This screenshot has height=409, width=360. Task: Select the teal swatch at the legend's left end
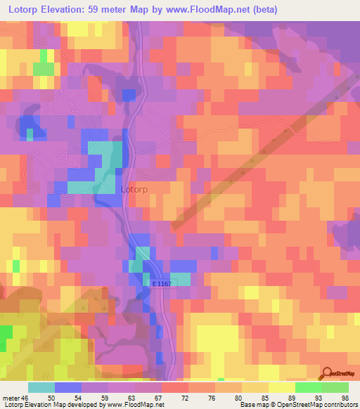[41, 387]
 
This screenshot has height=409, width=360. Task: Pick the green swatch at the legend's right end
[335, 387]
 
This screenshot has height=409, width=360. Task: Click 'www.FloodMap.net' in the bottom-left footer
[133, 405]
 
